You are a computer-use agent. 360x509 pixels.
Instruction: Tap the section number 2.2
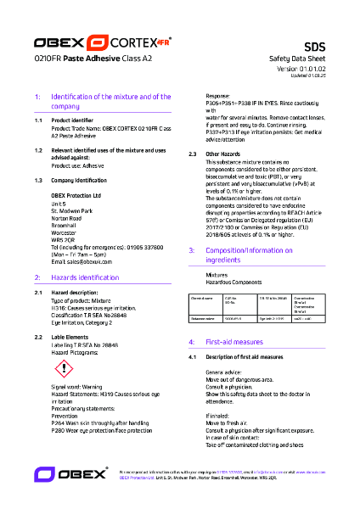(x=38, y=337)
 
